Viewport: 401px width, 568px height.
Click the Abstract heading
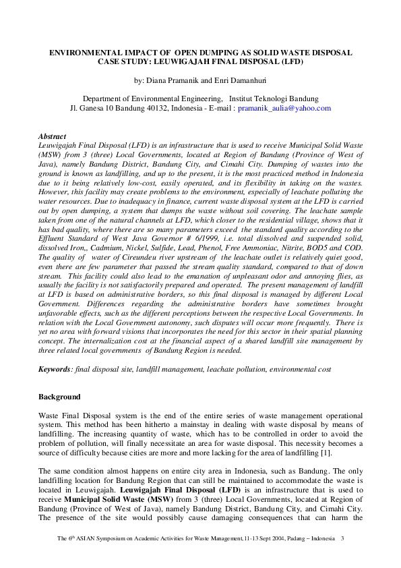point(52,136)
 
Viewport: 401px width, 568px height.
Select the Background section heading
point(59,397)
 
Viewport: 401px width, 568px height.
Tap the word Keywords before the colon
point(55,370)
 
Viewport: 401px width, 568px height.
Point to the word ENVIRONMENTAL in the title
point(88,52)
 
